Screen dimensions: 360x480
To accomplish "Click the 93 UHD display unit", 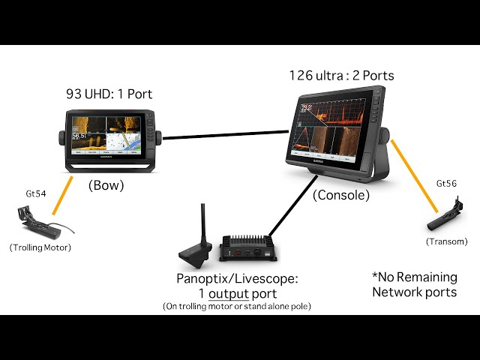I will (x=111, y=138).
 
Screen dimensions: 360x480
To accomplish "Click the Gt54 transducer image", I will (x=34, y=220).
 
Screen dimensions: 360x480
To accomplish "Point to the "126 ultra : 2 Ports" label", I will (x=341, y=76).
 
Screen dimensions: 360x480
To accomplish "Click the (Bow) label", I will (x=106, y=184).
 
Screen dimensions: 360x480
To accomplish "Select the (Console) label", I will (x=340, y=195).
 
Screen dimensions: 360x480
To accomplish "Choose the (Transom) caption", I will (x=446, y=241).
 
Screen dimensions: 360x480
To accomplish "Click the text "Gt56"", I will (x=446, y=184).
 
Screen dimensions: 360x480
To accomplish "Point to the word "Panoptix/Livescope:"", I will (x=237, y=278).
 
